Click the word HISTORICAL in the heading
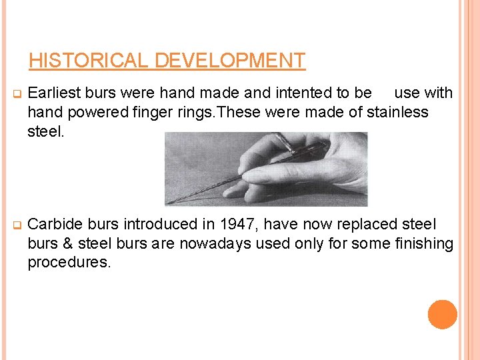tap(90, 61)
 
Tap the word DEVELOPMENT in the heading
tap(230, 61)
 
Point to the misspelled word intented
tap(294, 93)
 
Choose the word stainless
tap(396, 112)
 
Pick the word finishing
tap(421, 244)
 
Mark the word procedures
tap(69, 262)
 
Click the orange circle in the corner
tap(442, 315)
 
